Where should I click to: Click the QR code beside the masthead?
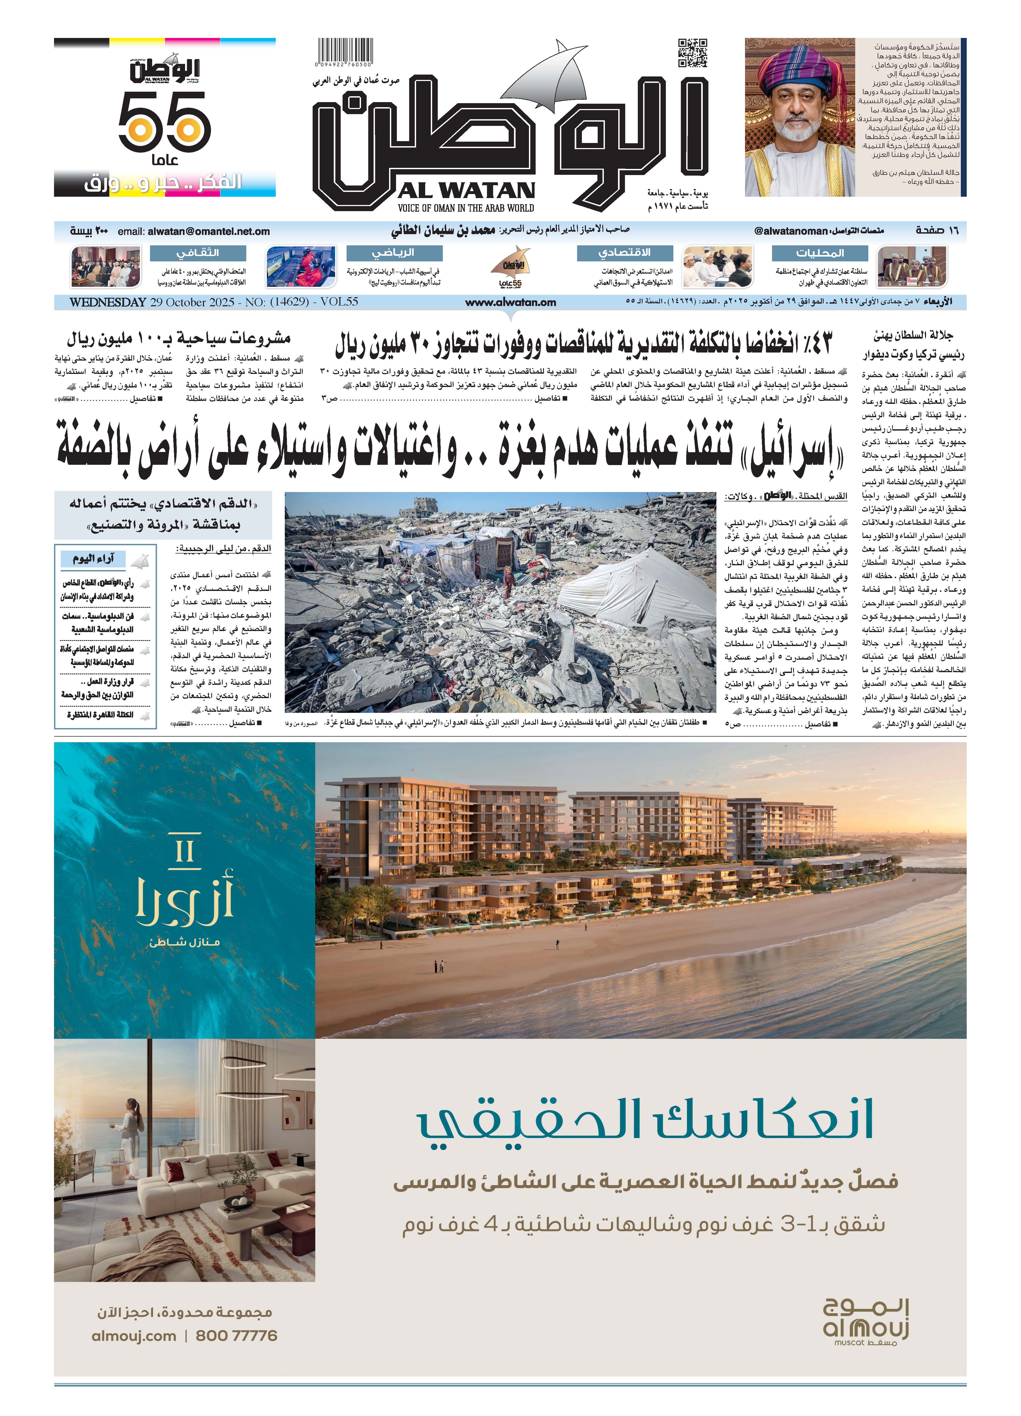coord(692,53)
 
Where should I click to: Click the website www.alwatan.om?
coord(510,302)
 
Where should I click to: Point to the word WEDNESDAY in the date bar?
coord(108,302)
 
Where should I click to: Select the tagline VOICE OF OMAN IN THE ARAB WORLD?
coord(466,208)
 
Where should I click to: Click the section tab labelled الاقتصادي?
coord(625,253)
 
